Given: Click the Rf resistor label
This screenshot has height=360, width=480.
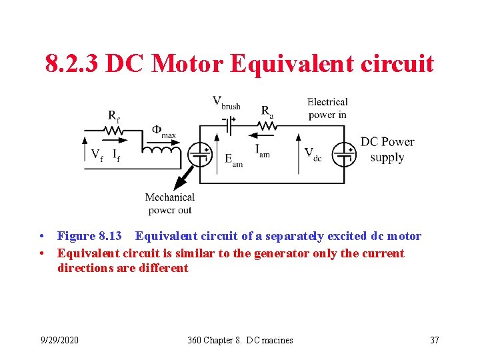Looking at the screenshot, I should [x=114, y=116].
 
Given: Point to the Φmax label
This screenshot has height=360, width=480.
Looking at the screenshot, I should [x=164, y=131].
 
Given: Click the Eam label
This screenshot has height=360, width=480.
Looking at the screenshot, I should [x=233, y=160].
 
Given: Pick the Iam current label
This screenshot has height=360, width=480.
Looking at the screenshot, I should [x=262, y=151].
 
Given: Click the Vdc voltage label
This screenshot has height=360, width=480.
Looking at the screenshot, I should [x=313, y=154].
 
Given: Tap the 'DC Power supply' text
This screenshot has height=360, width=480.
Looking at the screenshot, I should [x=387, y=149].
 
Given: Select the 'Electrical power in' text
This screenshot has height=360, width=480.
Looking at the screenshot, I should [x=327, y=108].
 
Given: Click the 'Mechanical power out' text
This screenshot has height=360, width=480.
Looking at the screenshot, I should [x=170, y=203].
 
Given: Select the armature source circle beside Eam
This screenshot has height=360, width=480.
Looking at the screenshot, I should [x=200, y=154].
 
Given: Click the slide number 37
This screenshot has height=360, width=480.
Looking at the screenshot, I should [x=435, y=340].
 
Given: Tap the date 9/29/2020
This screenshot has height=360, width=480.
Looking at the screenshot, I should [x=59, y=340].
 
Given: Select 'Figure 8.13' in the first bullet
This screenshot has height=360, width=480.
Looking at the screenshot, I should [x=89, y=236].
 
